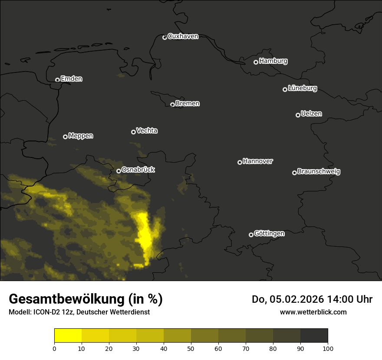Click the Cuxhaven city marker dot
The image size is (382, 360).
click(x=165, y=37)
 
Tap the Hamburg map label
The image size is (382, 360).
click(x=273, y=61)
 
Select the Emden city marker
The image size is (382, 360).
click(x=57, y=80)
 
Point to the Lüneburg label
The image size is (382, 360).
click(x=302, y=88)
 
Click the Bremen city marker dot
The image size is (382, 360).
click(x=172, y=105)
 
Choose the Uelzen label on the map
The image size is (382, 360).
click(x=311, y=114)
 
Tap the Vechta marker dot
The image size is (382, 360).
click(x=133, y=132)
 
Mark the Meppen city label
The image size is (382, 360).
click(x=81, y=136)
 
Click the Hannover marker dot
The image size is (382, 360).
click(x=240, y=162)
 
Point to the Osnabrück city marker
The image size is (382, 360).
click(x=119, y=171)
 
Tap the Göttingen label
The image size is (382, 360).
click(x=269, y=234)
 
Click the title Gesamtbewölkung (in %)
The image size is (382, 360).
click(x=86, y=299)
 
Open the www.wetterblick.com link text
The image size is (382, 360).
click(x=313, y=312)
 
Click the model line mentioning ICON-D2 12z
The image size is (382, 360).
click(x=79, y=312)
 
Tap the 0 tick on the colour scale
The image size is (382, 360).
click(x=54, y=348)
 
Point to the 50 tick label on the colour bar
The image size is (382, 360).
click(x=191, y=348)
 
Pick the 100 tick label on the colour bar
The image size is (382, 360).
click(x=328, y=348)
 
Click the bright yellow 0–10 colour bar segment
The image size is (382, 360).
click(x=68, y=335)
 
